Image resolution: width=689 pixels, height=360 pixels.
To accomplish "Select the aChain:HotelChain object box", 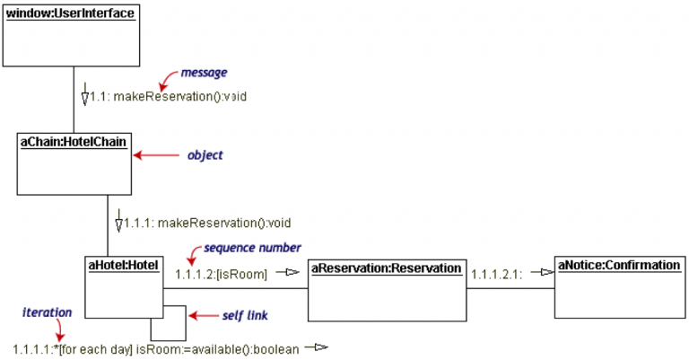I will tap(74, 164).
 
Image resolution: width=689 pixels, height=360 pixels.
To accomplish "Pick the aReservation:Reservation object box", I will tap(386, 289).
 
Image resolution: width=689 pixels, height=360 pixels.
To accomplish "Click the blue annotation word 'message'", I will tap(203, 71).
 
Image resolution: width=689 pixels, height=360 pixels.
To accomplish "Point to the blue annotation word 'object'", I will tap(205, 155).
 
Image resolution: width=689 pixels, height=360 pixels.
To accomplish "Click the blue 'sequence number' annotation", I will tap(252, 247).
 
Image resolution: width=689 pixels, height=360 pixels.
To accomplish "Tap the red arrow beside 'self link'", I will tap(206, 315).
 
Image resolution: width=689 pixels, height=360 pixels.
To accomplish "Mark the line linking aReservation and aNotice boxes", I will tap(508, 289).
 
